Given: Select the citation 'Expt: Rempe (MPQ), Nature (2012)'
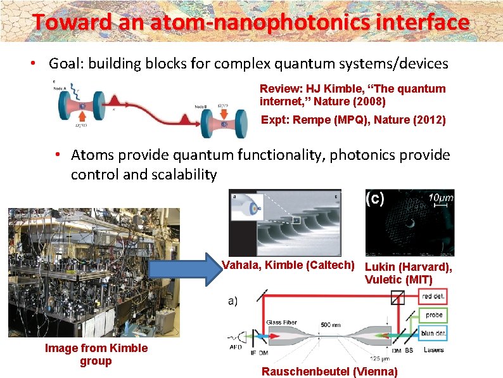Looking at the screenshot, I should pos(353,120).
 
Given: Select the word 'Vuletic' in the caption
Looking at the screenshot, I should pos(385,279).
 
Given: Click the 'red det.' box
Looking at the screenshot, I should pos(435,297).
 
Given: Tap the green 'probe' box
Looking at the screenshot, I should pos(435,315).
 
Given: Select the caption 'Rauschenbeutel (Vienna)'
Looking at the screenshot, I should pos(329,372).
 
